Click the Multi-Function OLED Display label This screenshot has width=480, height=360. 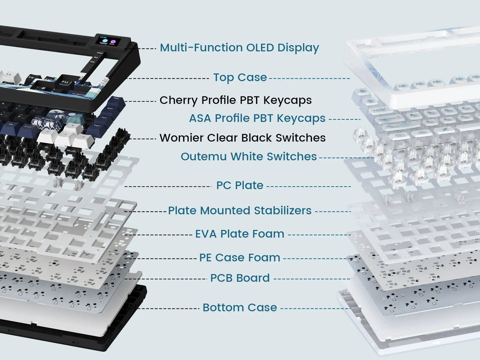[239, 48]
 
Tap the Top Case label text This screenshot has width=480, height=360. [240, 78]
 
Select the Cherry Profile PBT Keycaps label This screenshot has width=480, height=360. [236, 100]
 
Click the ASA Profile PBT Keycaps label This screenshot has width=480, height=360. [257, 118]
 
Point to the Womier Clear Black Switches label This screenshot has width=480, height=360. [242, 138]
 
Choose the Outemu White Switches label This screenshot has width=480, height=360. [248, 157]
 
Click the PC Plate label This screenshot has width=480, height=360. [240, 186]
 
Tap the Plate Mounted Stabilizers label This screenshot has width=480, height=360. [240, 210]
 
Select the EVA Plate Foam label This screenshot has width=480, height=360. [240, 234]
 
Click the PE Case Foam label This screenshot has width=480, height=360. [240, 258]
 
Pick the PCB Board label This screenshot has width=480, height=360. [240, 278]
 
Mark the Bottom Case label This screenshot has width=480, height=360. [240, 308]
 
